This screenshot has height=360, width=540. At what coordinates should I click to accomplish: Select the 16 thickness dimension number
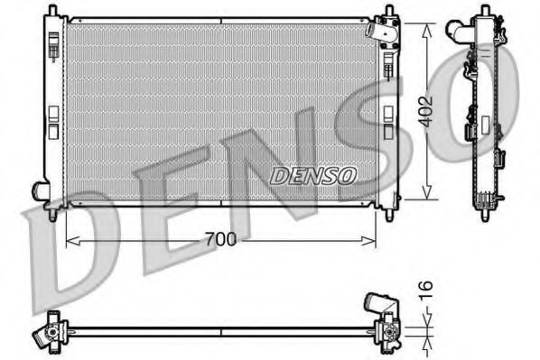coord(428,289)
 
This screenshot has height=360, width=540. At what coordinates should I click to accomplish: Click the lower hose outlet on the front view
coord(40,191)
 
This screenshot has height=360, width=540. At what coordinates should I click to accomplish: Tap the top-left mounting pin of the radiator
coord(52,12)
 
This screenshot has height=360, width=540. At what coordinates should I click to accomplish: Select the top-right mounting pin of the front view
coord(389,12)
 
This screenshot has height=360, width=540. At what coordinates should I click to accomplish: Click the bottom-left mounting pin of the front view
coord(53,216)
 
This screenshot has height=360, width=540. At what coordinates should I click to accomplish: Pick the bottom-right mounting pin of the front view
coord(389,215)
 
